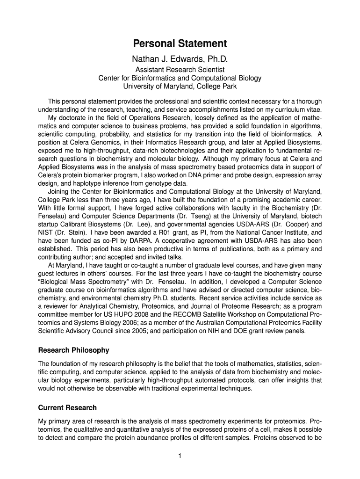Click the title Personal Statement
[180, 44]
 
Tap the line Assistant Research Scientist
[180, 70]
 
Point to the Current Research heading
[67, 407]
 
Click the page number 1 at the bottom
[180, 457]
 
